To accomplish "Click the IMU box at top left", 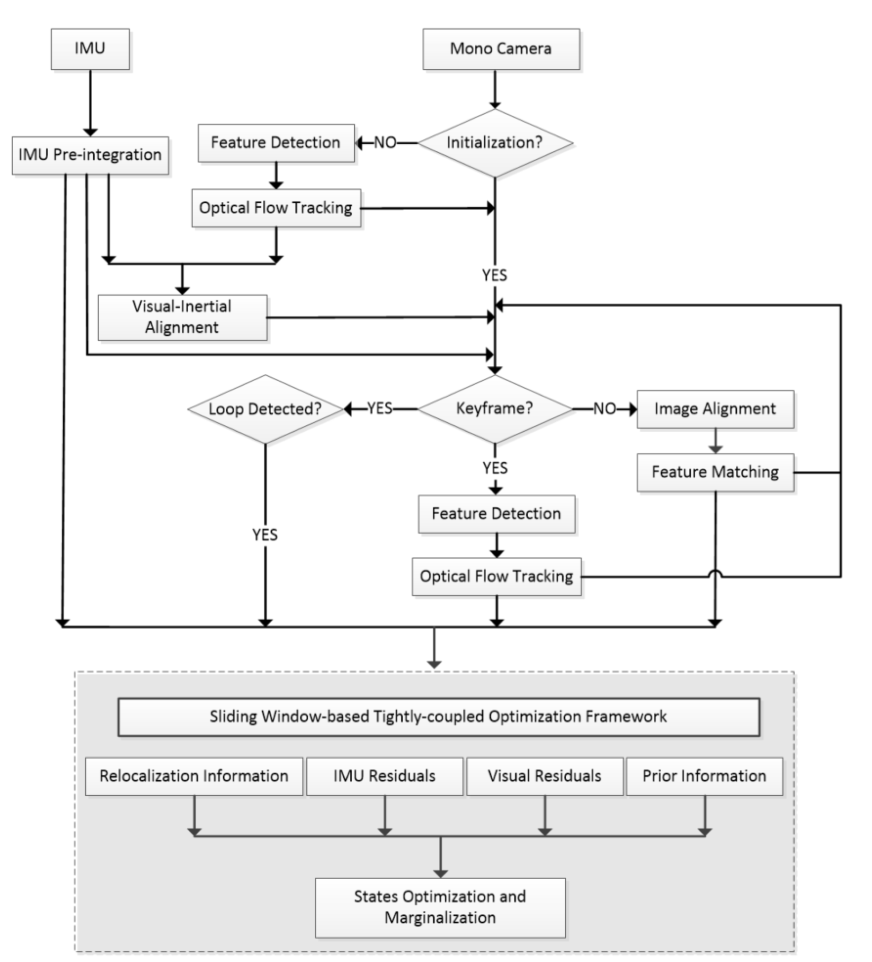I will pyautogui.click(x=90, y=49).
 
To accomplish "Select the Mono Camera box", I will pyautogui.click(x=501, y=49).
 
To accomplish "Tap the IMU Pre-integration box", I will pyautogui.click(x=90, y=155).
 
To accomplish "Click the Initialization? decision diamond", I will pyautogui.click(x=495, y=143).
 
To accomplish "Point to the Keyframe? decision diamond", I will pyautogui.click(x=495, y=408).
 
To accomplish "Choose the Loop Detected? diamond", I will pyautogui.click(x=265, y=409).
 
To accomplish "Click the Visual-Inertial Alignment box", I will pyautogui.click(x=182, y=318).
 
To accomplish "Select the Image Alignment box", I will pyautogui.click(x=715, y=409).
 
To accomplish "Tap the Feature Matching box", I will pyautogui.click(x=715, y=472).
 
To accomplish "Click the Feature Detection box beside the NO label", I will pyautogui.click(x=276, y=143).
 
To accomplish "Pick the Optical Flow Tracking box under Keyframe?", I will pyautogui.click(x=496, y=577).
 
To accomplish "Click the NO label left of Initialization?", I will pyautogui.click(x=385, y=143).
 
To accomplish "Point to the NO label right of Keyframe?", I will pyautogui.click(x=605, y=409).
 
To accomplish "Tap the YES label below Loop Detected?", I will pyautogui.click(x=265, y=534).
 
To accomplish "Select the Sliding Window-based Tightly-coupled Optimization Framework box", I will pyautogui.click(x=438, y=717).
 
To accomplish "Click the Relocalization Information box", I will pyautogui.click(x=194, y=776).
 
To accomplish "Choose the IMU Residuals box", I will pyautogui.click(x=384, y=776).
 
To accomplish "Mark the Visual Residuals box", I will pyautogui.click(x=544, y=776).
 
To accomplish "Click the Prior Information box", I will pyautogui.click(x=704, y=776).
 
